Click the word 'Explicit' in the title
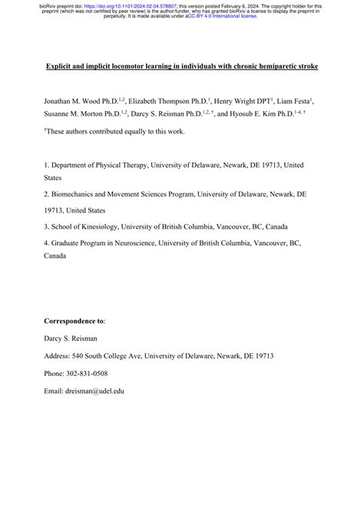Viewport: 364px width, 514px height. pyautogui.click(x=59, y=67)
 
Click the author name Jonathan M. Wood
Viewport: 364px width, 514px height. pyautogui.click(x=74, y=100)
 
